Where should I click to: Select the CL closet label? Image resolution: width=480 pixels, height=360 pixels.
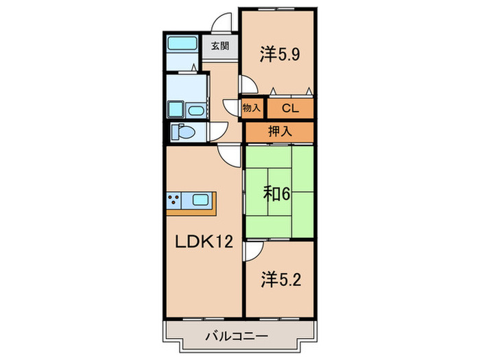[x=289, y=107]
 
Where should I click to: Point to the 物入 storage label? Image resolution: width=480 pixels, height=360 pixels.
[x=252, y=107]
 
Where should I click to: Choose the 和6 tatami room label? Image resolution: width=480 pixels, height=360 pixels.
[x=277, y=194]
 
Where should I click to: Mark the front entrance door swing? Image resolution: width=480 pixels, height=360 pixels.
[x=221, y=22]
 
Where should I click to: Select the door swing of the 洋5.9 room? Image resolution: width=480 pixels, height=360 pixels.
[x=248, y=84]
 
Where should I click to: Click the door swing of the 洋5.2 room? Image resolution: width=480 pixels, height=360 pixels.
[x=251, y=252]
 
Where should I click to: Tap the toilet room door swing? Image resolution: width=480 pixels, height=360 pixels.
[x=218, y=132]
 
